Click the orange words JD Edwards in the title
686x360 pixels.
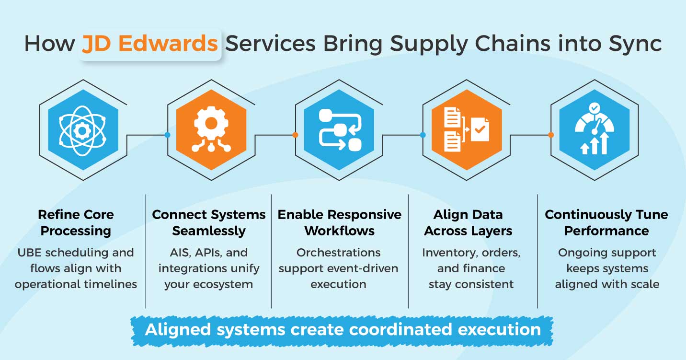150,44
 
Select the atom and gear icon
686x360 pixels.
83,130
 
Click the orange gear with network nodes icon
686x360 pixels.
211,130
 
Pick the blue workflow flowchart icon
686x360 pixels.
339,130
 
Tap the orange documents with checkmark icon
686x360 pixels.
467,130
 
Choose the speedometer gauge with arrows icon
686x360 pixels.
595,130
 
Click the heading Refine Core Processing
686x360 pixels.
76,222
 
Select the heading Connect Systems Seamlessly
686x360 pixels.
208,222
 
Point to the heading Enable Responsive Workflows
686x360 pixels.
339,222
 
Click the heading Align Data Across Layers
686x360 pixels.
468,222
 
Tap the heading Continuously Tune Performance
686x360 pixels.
606,222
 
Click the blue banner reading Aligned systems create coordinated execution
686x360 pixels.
343,330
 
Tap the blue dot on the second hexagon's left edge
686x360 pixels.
167,135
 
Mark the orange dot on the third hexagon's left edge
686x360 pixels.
295,135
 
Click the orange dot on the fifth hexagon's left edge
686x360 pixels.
551,135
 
